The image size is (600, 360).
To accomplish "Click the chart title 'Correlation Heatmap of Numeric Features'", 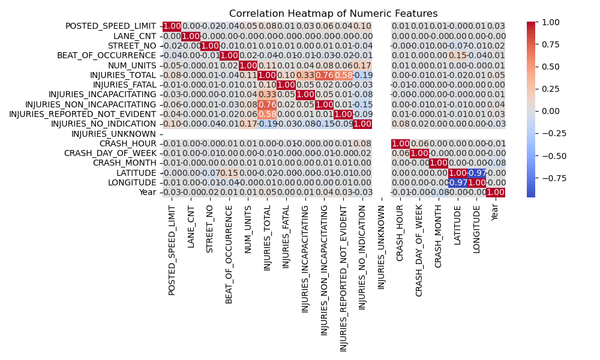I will click(x=334, y=13).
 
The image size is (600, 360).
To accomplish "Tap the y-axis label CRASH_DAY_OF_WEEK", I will click(x=117, y=154).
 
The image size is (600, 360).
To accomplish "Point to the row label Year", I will click(x=147, y=191).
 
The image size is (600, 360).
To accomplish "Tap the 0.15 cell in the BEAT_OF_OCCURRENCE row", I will click(x=457, y=55).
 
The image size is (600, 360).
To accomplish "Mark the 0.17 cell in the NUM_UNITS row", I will click(x=362, y=65).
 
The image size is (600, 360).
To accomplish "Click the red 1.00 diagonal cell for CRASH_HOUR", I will click(x=400, y=143).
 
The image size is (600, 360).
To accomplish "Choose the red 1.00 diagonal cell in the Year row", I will click(x=496, y=191).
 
